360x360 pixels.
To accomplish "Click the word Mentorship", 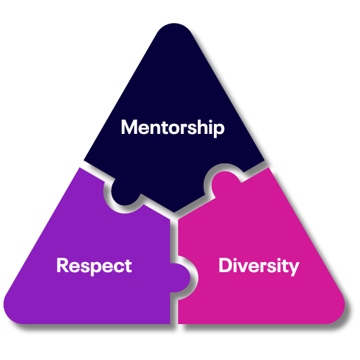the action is pyautogui.click(x=173, y=127).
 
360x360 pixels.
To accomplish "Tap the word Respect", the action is pyautogui.click(x=94, y=266).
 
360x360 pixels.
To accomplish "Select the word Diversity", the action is pyautogui.click(x=258, y=266).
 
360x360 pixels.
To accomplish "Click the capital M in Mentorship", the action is pyautogui.click(x=129, y=127).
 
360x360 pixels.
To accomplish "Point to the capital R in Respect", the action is pyautogui.click(x=63, y=265).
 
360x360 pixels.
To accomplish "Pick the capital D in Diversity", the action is pyautogui.click(x=225, y=265).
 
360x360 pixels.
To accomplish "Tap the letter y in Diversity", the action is pyautogui.click(x=294, y=269).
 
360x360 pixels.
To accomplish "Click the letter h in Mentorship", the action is pyautogui.click(x=202, y=127).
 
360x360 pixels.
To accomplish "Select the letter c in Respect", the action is pyautogui.click(x=116, y=267).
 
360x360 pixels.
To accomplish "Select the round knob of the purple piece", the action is pyautogui.click(x=180, y=278).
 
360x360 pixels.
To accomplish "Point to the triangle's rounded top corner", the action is pyautogui.click(x=174, y=27).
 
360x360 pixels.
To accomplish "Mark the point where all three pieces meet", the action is pyautogui.click(x=174, y=216).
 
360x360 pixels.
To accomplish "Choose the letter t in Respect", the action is pyautogui.click(x=128, y=266).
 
